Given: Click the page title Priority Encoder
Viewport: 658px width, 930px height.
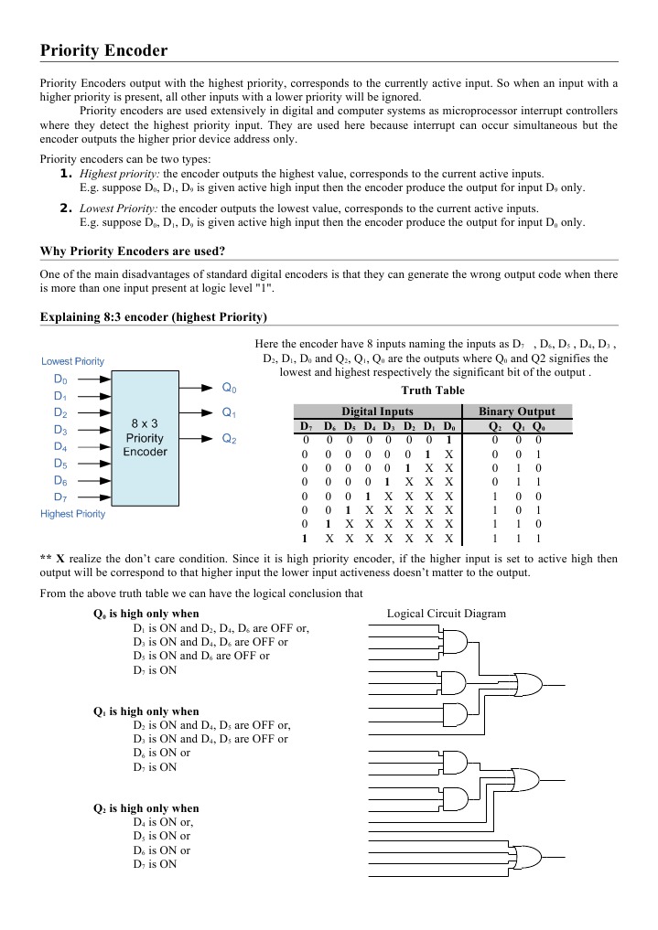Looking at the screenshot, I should pyautogui.click(x=103, y=51).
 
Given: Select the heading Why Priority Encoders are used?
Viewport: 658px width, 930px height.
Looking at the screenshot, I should pyautogui.click(x=134, y=251).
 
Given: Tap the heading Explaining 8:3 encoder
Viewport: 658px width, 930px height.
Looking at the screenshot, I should pyautogui.click(x=154, y=317).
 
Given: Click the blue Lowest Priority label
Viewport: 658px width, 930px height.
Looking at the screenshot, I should pyautogui.click(x=73, y=361).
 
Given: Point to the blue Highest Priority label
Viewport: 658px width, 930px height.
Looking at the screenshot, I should pyautogui.click(x=73, y=514).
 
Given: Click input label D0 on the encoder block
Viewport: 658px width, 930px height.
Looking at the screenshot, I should pyautogui.click(x=60, y=379).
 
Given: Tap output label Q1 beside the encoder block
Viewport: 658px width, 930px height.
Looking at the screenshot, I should pyautogui.click(x=230, y=412).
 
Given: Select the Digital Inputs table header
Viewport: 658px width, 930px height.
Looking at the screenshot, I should pyautogui.click(x=376, y=412).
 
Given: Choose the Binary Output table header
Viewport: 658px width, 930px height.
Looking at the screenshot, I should pyautogui.click(x=517, y=412).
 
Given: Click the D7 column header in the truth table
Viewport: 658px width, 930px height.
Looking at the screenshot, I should pyautogui.click(x=305, y=426).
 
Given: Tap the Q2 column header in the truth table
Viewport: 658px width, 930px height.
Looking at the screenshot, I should pyautogui.click(x=495, y=426).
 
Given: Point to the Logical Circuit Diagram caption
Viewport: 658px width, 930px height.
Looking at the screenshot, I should pyautogui.click(x=447, y=614).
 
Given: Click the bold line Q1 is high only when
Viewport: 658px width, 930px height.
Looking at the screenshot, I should pyautogui.click(x=146, y=711).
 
